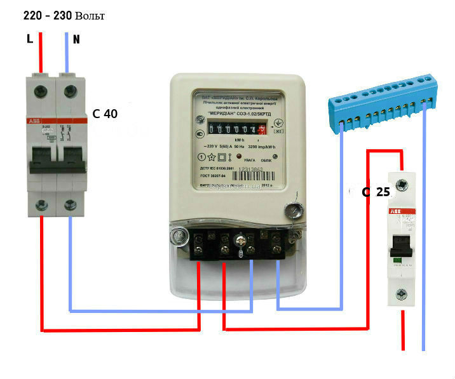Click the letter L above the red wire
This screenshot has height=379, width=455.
coord(29,39)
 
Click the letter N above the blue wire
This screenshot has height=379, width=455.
coord(76,39)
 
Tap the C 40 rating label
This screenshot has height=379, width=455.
coord(105,114)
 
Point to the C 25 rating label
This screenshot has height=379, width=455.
coord(376,191)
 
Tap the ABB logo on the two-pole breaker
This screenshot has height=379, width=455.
coord(33,122)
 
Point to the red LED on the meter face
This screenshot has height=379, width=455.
coord(240,156)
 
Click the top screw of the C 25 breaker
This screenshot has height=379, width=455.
coord(402,185)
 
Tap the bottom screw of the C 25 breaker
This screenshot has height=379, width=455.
coord(402,294)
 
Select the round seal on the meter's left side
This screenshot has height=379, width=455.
coord(177,236)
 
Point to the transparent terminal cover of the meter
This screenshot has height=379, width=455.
coord(235,279)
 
